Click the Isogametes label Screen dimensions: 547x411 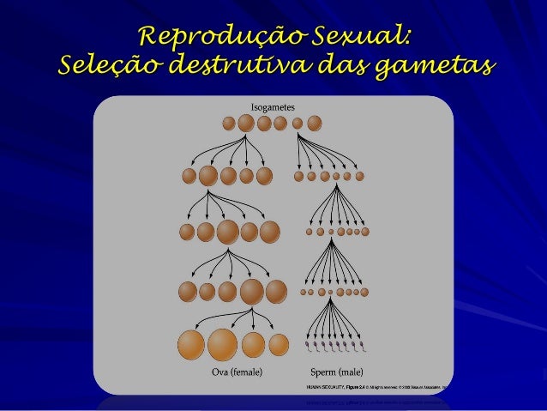pos(273,106)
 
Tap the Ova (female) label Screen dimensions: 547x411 pos(237,372)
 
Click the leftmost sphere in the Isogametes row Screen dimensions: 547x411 pos(229,123)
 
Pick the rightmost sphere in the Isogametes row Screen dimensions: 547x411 pos(315,123)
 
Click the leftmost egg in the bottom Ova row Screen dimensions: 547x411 pos(191,344)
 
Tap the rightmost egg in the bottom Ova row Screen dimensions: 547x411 pos(279,344)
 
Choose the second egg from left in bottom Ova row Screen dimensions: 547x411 pos(222,344)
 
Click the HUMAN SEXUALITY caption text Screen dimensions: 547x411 pos(326,388)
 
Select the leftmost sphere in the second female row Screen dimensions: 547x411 pos(189,176)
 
